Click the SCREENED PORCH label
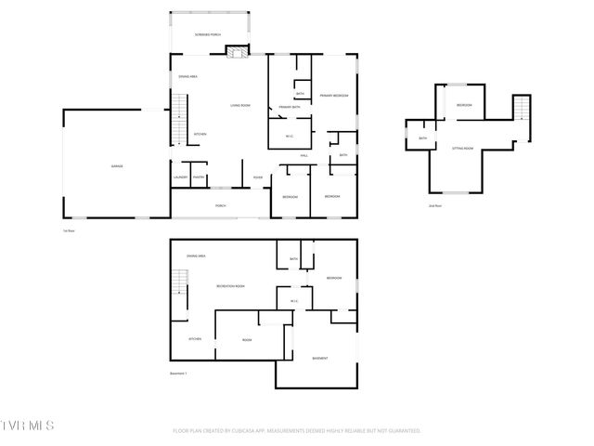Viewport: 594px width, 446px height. (x=207, y=34)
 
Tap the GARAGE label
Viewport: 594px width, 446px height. (x=118, y=166)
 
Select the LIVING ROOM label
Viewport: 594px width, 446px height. (x=240, y=106)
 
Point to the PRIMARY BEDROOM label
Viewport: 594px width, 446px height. (x=334, y=96)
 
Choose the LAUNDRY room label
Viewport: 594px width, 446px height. (x=180, y=177)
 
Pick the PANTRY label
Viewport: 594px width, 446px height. (x=199, y=177)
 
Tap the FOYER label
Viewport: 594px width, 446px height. (x=257, y=177)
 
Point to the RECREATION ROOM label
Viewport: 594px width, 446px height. (x=230, y=286)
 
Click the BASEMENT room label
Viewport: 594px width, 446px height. (x=319, y=358)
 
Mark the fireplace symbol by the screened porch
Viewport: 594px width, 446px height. (x=239, y=52)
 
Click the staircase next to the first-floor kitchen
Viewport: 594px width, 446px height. (x=180, y=118)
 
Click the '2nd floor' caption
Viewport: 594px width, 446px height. (x=433, y=205)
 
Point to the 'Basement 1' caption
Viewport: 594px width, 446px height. (x=178, y=374)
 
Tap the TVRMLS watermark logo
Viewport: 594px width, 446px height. (x=29, y=425)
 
